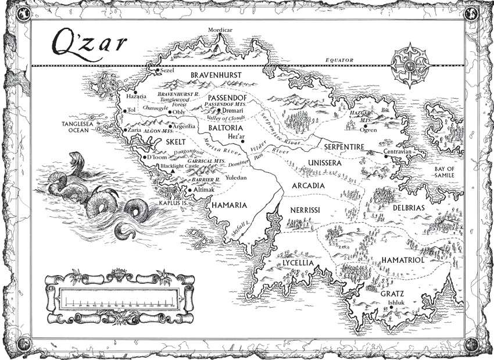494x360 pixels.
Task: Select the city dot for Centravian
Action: coord(385,156)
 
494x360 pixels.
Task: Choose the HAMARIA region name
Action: coord(230,205)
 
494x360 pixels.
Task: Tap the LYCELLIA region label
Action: coord(298,263)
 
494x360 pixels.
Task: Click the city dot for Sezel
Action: coord(157,70)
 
